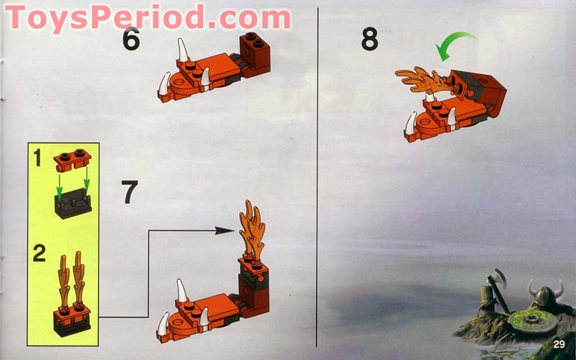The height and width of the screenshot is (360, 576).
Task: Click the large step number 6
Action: [x=131, y=39]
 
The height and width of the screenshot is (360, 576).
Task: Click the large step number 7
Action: [x=130, y=192]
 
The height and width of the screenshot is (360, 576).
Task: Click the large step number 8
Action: [x=369, y=40]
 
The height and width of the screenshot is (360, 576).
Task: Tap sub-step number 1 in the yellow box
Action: [x=37, y=158]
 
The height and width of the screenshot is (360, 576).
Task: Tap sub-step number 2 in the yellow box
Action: [x=40, y=253]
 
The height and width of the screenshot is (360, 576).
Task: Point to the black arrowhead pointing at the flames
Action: [x=225, y=230]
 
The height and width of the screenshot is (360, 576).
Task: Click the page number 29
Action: [x=559, y=344]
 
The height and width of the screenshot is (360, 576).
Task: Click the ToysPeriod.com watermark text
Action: [x=148, y=17]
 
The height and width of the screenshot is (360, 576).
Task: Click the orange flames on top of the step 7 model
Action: [x=252, y=230]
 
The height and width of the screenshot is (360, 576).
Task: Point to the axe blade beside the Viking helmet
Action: [x=499, y=276]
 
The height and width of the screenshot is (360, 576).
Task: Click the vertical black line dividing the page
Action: [x=317, y=177]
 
